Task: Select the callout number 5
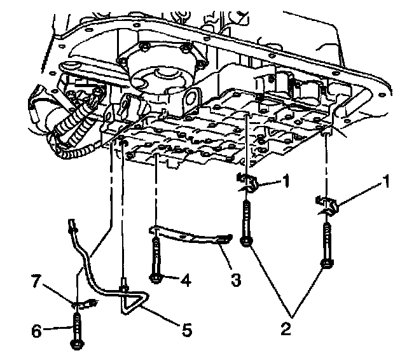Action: (186, 330)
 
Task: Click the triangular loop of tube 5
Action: (134, 301)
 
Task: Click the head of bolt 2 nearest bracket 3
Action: (247, 240)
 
